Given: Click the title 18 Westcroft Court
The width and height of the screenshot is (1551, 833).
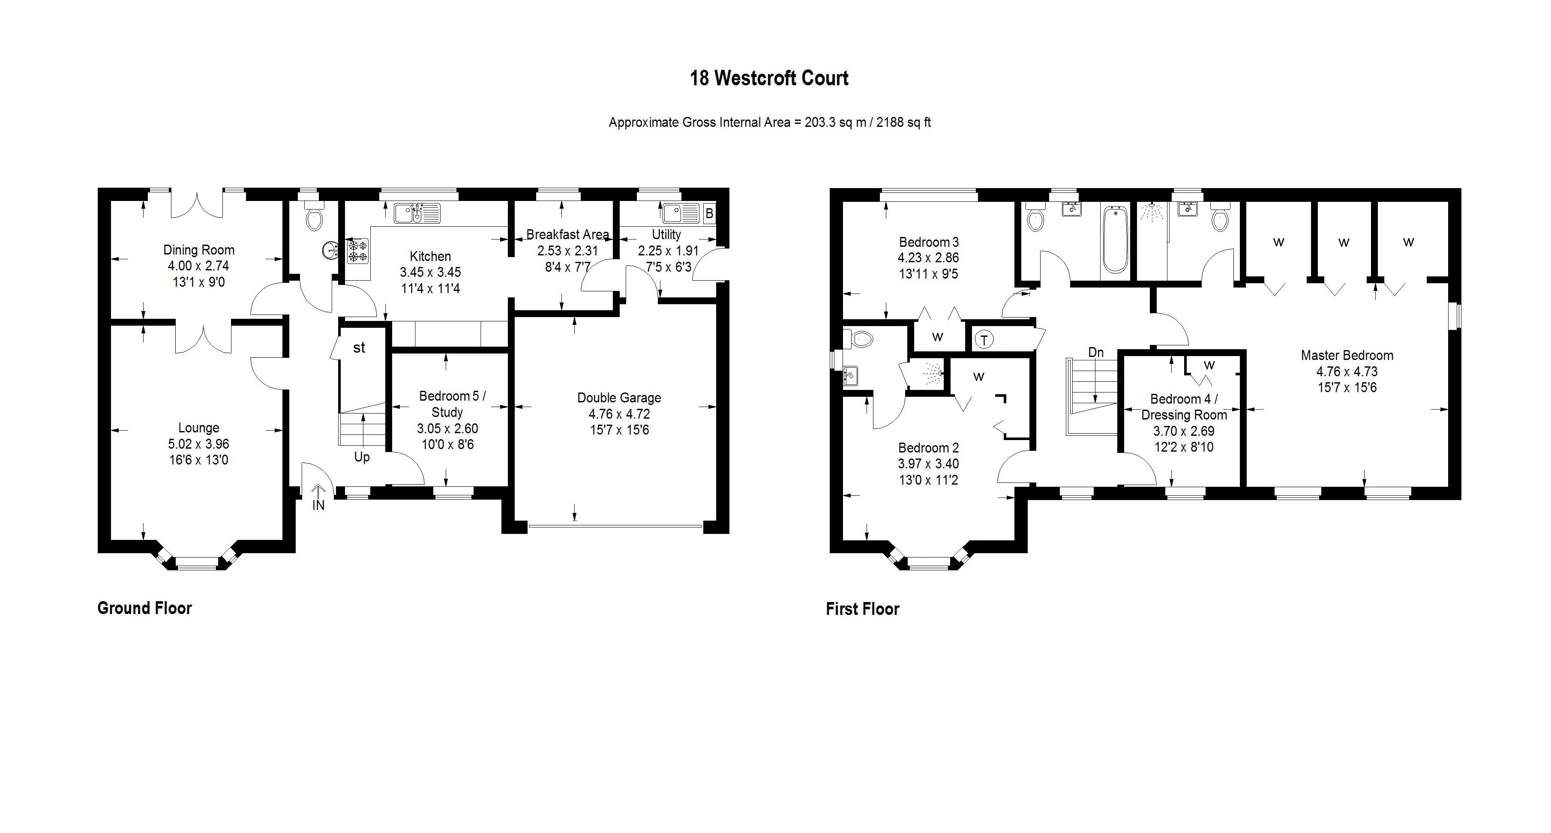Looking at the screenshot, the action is pos(769,78).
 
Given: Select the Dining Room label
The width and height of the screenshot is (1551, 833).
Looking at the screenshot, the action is pos(199,250).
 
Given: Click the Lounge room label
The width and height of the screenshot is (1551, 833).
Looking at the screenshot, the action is pos(199,428).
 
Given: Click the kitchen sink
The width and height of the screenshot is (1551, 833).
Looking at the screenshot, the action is pos(417,213).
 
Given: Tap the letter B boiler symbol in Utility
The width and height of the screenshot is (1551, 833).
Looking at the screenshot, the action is pos(709,213).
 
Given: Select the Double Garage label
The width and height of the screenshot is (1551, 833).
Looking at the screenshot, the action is pos(619,398).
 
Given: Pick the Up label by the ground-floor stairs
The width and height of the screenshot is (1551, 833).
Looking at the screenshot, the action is pos(362,457).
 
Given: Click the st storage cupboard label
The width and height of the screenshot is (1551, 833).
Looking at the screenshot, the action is pos(359,348).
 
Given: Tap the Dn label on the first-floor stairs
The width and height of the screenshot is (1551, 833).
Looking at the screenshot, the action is pos(1096,353).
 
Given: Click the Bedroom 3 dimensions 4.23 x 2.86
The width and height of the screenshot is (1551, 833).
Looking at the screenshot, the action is pos(928,258).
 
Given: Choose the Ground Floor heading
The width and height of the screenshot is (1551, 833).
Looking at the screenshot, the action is pos(144,608).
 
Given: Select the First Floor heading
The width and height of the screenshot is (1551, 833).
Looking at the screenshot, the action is pos(862,609).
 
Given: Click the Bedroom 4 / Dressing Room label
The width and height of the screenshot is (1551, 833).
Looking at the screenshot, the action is pos(1184,407).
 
